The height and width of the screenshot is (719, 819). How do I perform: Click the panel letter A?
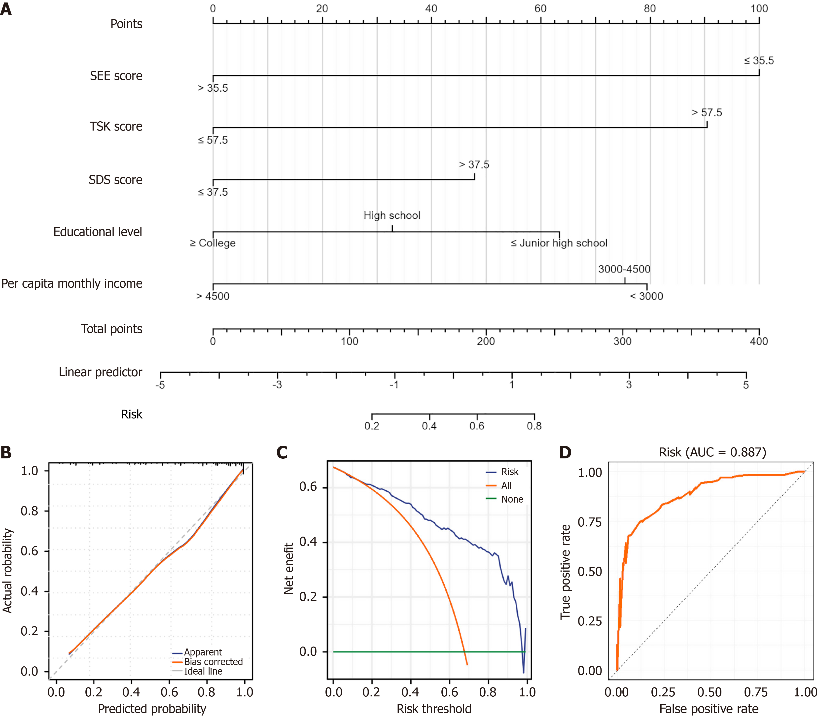6,9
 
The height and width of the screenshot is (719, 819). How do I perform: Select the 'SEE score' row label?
116,76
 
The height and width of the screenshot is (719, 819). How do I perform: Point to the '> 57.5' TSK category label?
707,113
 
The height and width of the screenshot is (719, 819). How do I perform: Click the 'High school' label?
392,215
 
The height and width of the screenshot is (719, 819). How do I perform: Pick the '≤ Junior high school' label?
559,243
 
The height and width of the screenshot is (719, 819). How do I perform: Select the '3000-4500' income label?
624,269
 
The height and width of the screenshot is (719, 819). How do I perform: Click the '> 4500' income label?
213,296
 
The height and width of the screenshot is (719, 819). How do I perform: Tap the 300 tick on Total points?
622,341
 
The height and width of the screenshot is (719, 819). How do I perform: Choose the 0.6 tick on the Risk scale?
477,426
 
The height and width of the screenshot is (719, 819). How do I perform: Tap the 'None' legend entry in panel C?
512,500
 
